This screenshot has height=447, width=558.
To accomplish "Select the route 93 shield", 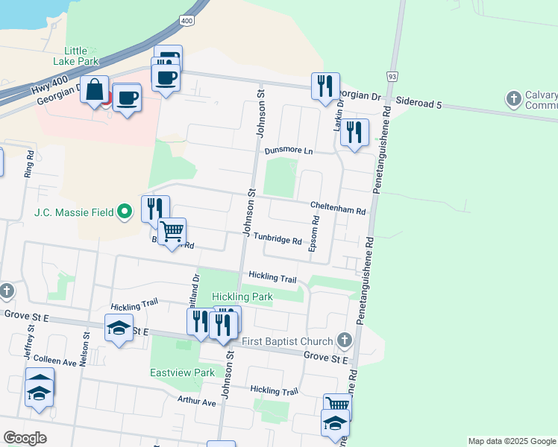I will pyautogui.click(x=392, y=77).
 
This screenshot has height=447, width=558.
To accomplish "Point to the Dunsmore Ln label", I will pyautogui.click(x=289, y=150).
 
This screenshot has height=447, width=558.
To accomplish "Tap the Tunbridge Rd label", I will pyautogui.click(x=277, y=240).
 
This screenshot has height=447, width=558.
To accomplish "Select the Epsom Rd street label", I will pyautogui.click(x=315, y=234).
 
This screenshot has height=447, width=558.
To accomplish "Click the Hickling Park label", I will pyautogui.click(x=242, y=297).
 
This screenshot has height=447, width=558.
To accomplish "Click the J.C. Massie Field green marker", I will pyautogui.click(x=126, y=212).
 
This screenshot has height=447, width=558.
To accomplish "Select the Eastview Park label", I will pyautogui.click(x=182, y=372).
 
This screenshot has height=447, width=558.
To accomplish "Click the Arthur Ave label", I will pyautogui.click(x=196, y=402).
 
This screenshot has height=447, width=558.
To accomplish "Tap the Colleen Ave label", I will pyautogui.click(x=54, y=362).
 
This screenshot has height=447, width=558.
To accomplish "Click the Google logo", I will pyautogui.click(x=25, y=438).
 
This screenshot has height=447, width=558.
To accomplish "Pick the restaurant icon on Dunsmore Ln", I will pyautogui.click(x=354, y=133).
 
